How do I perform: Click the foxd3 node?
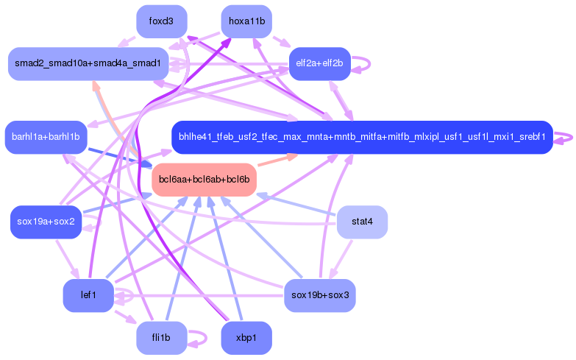pyautogui.click(x=161, y=21)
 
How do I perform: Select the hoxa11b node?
pyautogui.click(x=246, y=21)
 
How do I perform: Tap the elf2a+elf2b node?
pyautogui.click(x=319, y=63)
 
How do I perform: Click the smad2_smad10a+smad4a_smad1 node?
pyautogui.click(x=88, y=64)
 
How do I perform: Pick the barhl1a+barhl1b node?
pyautogui.click(x=46, y=137)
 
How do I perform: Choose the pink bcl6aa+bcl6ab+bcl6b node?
pyautogui.click(x=204, y=180)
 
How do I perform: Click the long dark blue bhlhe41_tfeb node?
pyautogui.click(x=361, y=137)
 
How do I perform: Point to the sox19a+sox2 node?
pyautogui.click(x=45, y=222)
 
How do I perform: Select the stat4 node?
pyautogui.click(x=362, y=222)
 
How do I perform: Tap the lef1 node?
pyautogui.click(x=88, y=295)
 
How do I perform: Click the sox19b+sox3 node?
pyautogui.click(x=319, y=295)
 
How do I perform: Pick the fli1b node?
pyautogui.click(x=161, y=338)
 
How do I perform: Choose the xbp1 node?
pyautogui.click(x=246, y=338)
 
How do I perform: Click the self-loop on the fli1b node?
pyautogui.click(x=199, y=339)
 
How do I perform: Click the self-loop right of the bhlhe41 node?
pyautogui.click(x=565, y=138)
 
